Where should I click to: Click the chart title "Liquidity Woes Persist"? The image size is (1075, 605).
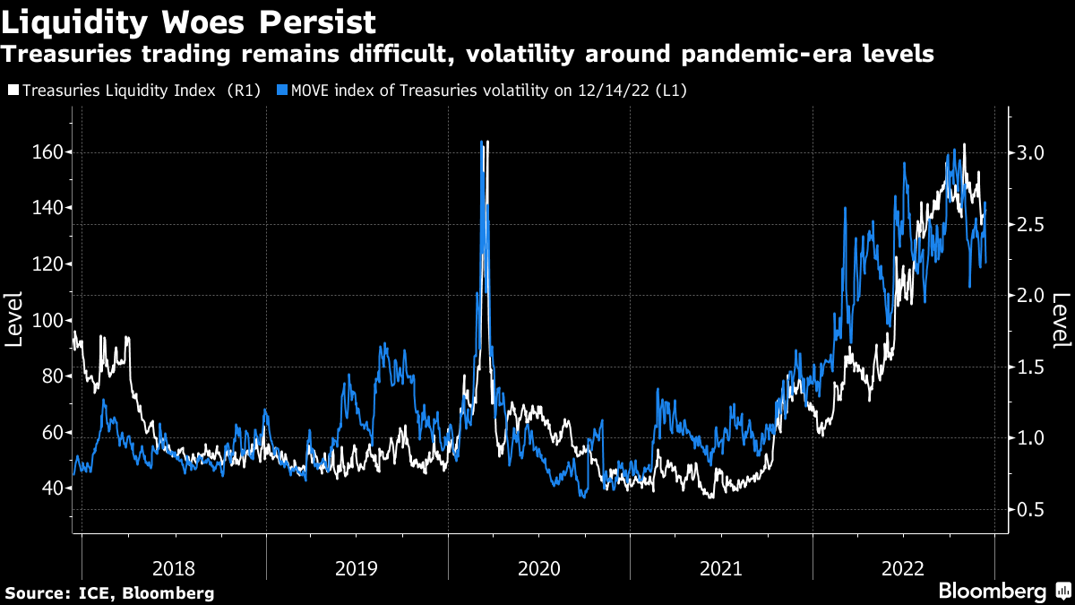coord(188,20)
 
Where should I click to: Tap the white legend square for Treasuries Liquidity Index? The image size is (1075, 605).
coord(13,91)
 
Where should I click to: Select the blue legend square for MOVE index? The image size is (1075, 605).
coord(282,91)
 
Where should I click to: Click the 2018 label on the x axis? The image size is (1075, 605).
coord(174,567)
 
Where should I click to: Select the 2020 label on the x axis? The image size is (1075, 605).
coord(538,567)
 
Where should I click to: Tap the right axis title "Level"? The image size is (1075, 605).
coord(1061,320)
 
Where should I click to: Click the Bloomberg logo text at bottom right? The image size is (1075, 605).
coord(992,591)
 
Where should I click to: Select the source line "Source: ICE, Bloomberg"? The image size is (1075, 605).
coord(109,592)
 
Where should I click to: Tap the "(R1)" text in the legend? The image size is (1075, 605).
coord(245,91)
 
